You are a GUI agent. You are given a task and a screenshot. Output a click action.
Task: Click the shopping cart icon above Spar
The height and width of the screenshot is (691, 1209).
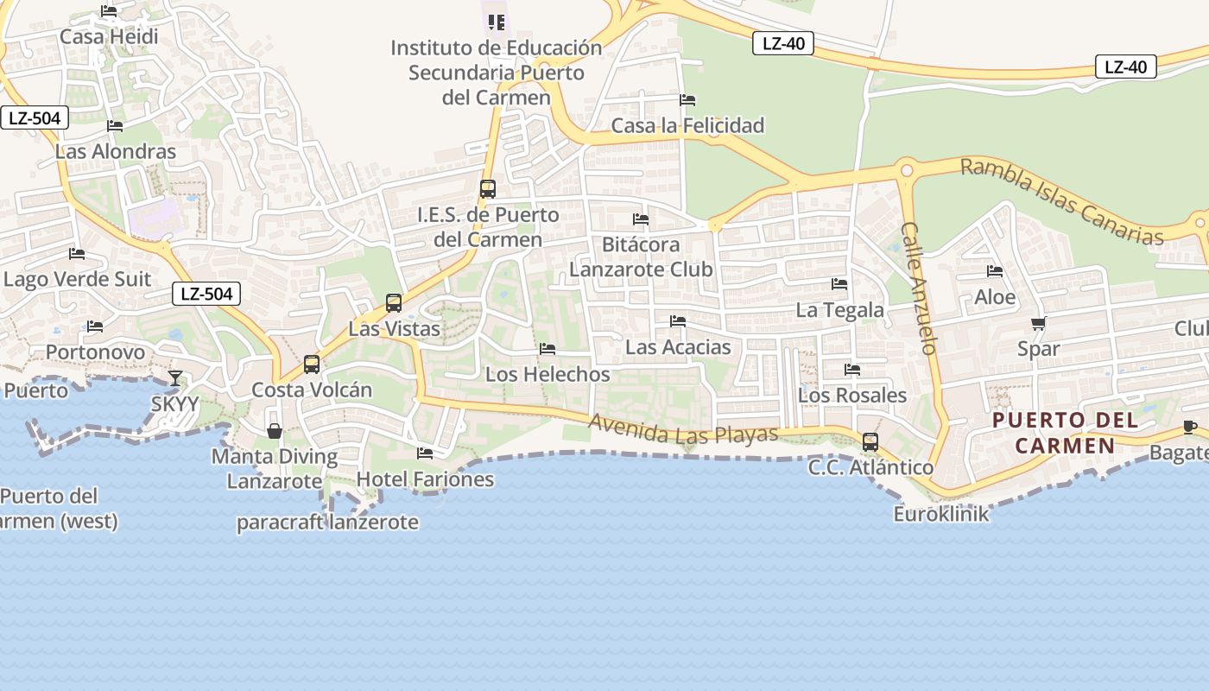coord(1038,324)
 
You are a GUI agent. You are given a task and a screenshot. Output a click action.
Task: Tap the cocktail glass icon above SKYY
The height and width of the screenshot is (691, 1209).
coord(175,378)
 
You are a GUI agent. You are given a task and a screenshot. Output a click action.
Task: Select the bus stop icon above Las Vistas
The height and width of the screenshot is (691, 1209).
coord(394,303)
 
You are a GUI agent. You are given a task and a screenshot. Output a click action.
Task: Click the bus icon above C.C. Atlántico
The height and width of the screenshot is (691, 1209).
coord(870,442)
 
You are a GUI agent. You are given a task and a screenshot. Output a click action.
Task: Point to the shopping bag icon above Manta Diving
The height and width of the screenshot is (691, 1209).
coord(275,430)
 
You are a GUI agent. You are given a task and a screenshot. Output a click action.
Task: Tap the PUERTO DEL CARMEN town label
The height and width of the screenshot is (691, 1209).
coord(1065,433)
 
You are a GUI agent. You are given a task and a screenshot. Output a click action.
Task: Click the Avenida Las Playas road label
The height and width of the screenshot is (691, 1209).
coord(684,429)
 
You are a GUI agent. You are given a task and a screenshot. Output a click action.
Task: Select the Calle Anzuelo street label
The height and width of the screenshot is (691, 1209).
coord(918,288)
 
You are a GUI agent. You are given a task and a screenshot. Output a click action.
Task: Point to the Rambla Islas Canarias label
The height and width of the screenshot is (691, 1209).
coord(1062,201)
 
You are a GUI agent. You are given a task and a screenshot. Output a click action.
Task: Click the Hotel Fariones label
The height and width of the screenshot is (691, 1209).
coord(425,479)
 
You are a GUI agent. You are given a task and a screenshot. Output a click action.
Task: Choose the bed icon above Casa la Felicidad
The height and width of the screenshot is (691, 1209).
coord(687,100)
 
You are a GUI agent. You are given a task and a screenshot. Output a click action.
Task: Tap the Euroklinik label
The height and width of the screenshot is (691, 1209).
coord(941,514)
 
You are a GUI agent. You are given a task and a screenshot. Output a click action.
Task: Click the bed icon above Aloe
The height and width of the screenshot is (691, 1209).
coord(995,271)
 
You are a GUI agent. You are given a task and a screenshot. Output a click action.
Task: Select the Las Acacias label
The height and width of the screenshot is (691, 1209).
coord(678,347)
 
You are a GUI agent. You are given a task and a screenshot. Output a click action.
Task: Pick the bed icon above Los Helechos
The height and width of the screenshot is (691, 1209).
coord(548,349)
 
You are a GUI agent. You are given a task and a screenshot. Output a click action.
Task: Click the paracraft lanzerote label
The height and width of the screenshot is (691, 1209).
coord(327,523)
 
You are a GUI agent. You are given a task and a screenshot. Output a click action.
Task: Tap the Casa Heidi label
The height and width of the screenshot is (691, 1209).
coord(109,36)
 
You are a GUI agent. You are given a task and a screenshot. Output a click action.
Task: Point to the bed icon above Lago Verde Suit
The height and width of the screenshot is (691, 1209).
coord(77,254)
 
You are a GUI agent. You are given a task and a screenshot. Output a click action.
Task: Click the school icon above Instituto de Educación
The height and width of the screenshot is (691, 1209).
coord(496,22)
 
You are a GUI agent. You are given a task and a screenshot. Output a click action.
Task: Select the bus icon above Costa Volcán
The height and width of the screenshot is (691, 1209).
coord(312,365)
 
